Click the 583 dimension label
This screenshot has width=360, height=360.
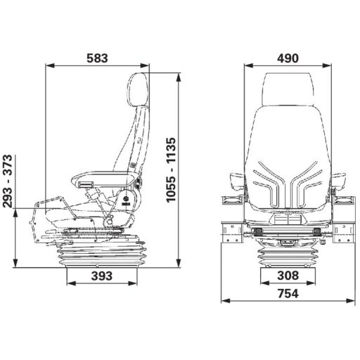[x=97, y=58]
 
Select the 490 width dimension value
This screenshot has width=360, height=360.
[x=288, y=58]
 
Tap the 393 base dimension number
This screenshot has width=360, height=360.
[x=102, y=276]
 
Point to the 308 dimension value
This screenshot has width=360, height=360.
[x=288, y=275]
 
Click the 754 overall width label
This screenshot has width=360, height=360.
[x=288, y=293]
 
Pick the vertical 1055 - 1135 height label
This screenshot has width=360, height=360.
[x=171, y=170]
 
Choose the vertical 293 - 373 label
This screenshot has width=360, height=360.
[x=7, y=181]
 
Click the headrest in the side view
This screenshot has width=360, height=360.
[x=139, y=89]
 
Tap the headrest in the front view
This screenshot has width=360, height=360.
[x=288, y=89]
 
